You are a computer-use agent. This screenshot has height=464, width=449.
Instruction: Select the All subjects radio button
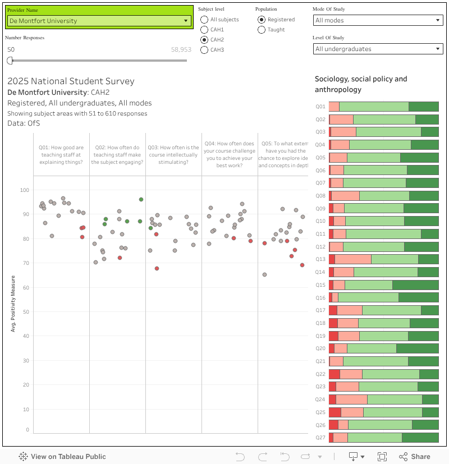(204, 20)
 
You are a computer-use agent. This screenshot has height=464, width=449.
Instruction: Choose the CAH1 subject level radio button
(204, 30)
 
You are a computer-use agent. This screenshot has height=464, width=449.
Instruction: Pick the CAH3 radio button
(204, 50)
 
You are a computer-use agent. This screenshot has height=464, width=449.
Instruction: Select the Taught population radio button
(262, 30)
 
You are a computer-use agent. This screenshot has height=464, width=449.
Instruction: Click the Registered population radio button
(262, 20)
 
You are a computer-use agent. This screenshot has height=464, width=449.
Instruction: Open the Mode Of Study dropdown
(378, 20)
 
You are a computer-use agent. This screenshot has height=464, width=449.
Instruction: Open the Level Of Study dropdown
(378, 49)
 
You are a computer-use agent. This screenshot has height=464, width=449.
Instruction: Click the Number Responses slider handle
(10, 61)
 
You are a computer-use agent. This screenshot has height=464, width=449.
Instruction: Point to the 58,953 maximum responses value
(181, 50)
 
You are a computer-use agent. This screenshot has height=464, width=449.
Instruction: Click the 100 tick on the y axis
(24, 190)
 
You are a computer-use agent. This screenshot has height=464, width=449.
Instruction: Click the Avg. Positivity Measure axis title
(13, 303)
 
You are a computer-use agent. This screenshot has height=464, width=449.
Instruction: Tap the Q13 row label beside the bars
(320, 259)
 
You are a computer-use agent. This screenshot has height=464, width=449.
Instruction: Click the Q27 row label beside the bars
(320, 438)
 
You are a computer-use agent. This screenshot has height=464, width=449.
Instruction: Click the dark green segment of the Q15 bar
(415, 285)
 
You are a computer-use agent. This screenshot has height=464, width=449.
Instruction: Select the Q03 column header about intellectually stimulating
(173, 155)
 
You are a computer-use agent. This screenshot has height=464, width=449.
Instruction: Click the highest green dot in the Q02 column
(141, 199)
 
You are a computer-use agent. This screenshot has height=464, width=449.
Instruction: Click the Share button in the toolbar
(415, 457)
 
